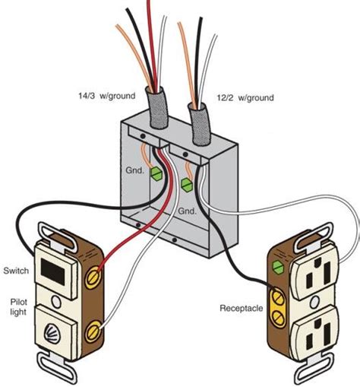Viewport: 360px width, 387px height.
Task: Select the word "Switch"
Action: coord(16,271)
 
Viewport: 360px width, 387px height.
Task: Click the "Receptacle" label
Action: coord(241,309)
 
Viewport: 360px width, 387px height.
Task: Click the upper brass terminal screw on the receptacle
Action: coord(276,292)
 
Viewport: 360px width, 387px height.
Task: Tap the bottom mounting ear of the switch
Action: coord(61,376)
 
